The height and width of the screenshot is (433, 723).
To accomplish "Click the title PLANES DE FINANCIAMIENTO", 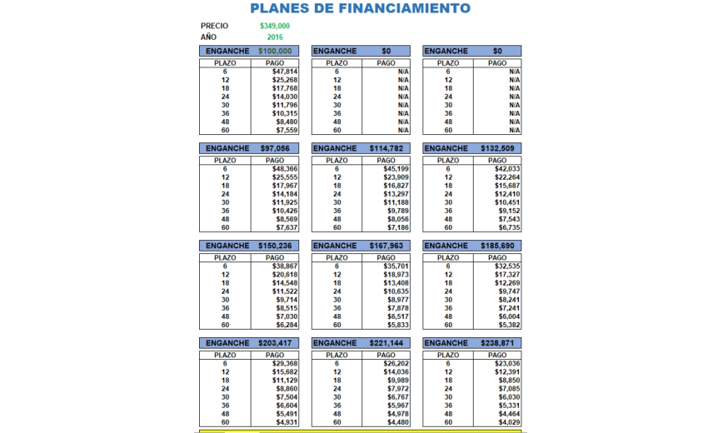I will point(360,9).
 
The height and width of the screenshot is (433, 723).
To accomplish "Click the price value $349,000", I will point(275,26).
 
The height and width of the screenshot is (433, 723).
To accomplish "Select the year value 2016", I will point(275,37).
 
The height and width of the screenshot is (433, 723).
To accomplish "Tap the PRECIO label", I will point(214,26).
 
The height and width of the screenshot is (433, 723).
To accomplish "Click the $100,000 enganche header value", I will point(275,51).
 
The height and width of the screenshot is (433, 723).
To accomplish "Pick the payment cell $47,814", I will point(284,72).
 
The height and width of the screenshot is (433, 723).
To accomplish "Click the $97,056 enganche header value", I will point(275,148).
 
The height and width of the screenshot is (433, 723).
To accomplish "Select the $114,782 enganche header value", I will point(386,148).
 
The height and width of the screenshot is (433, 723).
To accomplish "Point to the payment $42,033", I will point(506,169).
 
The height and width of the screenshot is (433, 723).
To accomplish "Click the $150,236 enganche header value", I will point(275,246).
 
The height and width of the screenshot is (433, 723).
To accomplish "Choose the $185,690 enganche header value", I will point(496,246).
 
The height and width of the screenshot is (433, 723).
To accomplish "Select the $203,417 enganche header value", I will point(275,343).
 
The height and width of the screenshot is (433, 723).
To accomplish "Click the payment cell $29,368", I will point(284,364).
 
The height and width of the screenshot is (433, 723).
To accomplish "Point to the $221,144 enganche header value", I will point(386,343).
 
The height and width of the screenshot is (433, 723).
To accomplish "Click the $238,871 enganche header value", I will point(496,343).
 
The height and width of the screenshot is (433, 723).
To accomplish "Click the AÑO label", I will point(208,37).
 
